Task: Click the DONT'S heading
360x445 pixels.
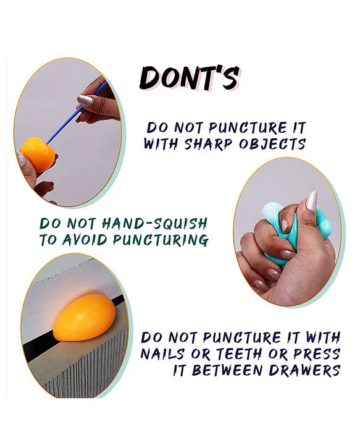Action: click(x=190, y=78)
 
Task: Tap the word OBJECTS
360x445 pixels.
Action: click(x=272, y=144)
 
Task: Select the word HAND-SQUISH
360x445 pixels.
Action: click(x=155, y=224)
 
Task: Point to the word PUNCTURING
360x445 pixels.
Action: click(x=161, y=240)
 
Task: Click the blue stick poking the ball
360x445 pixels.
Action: click(x=77, y=112)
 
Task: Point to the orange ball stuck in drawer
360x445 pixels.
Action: click(x=85, y=317)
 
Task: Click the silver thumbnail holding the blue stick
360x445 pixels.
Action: click(x=85, y=101)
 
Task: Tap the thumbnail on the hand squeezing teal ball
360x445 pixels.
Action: click(x=312, y=201)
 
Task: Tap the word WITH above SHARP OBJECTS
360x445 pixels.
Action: click(x=161, y=144)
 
